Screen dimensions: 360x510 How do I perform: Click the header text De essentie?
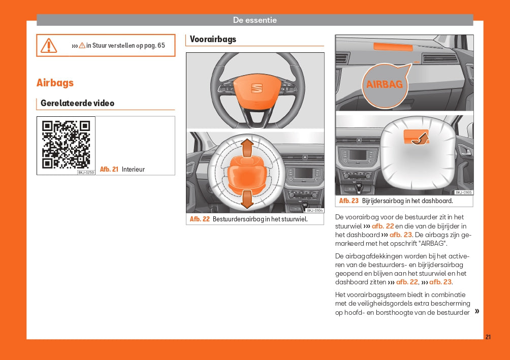coord(254,20)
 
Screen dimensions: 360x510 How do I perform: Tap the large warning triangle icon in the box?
coord(49,45)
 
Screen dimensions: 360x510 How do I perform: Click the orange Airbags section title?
coord(55,83)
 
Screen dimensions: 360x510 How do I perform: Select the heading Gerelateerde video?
coord(77,103)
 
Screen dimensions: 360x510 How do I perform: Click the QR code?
coord(66,144)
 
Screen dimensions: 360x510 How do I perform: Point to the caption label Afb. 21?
coord(109,170)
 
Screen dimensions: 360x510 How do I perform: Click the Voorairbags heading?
coord(213,39)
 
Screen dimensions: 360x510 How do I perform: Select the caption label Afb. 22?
coord(200,219)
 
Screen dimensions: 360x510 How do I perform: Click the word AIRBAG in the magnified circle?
coord(385,84)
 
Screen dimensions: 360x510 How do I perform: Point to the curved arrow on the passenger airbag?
coord(419,138)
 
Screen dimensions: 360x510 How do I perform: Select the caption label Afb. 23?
coord(349,201)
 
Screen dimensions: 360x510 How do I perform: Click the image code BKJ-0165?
coord(463,192)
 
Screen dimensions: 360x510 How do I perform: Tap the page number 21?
coord(488,337)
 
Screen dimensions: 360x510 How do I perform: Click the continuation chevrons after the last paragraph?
coord(476,311)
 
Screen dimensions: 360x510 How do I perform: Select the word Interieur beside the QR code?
coord(133,170)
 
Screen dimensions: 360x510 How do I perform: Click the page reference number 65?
coord(161,45)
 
